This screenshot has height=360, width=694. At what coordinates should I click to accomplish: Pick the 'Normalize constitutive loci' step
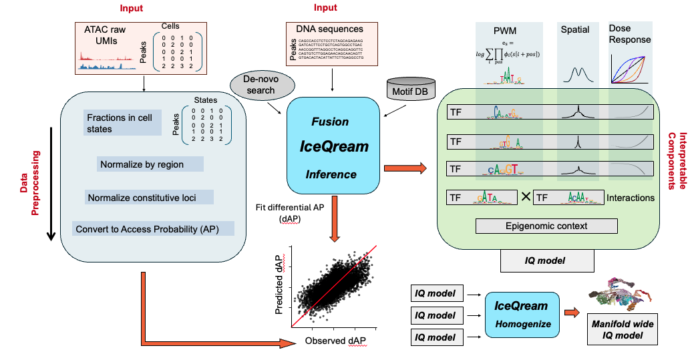coord(150,197)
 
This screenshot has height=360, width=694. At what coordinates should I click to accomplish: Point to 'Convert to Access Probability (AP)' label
coord(154,229)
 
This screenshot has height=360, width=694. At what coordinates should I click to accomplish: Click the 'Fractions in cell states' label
coord(120,123)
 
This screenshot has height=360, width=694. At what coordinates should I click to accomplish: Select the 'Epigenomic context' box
coord(546,226)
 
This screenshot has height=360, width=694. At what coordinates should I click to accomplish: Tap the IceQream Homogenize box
coord(520,315)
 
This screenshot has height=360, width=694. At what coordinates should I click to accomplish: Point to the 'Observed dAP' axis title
coord(334,341)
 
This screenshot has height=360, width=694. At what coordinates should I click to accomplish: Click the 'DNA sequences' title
coord(329,29)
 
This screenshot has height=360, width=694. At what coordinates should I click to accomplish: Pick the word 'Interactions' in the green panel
coord(631,198)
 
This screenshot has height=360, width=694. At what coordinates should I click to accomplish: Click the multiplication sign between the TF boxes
coord(525,198)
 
